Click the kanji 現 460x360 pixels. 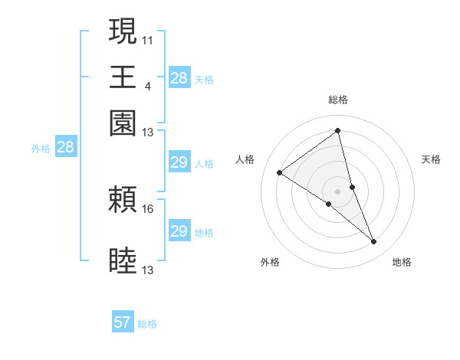coord(123,32)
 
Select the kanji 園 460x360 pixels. coord(123,123)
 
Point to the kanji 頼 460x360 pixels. coord(123,201)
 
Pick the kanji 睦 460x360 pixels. coord(123,261)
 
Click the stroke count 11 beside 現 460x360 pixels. coord(148,39)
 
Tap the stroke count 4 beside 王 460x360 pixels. coord(147,85)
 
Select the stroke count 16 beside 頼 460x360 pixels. coord(148,208)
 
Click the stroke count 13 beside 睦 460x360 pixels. coord(148,270)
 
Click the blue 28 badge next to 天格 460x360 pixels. coord(179,77)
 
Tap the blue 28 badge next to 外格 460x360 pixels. coord(65,148)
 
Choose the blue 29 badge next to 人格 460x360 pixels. coord(179,162)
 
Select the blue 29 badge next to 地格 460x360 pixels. coord(179,231)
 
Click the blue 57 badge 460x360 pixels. coord(123,322)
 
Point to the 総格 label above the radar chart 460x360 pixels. coord(338,100)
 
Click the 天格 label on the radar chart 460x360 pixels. coord(432,159)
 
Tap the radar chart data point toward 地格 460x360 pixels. coord(374,242)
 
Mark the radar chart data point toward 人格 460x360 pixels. coord(280,172)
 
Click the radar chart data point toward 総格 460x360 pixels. coord(338,130)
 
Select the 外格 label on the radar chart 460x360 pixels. coord(270,262)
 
